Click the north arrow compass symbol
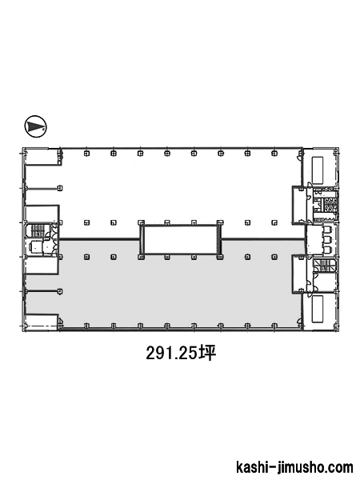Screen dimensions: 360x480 35,126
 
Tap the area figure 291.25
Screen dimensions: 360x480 172,354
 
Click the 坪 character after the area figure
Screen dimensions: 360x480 207,354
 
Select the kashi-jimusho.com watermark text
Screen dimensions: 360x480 294,467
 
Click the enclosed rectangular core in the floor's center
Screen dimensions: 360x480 180,240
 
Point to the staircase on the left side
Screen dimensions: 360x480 38,230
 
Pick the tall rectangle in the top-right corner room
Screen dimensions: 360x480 318,169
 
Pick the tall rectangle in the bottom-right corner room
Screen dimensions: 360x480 318,309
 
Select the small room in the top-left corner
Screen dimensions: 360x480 42,157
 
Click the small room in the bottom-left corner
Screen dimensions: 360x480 42,322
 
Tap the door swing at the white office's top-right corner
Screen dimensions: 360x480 298,157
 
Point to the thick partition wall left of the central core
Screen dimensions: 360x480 100,238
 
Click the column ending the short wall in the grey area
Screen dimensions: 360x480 60,291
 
